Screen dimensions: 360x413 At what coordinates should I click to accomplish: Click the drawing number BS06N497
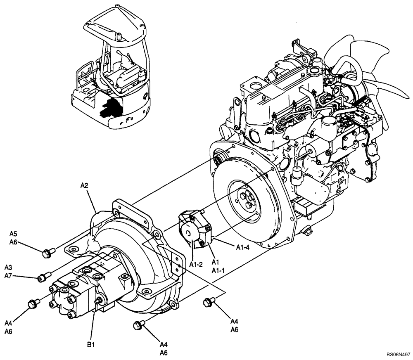point(398,354)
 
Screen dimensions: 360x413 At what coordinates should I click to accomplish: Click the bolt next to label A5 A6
point(47,252)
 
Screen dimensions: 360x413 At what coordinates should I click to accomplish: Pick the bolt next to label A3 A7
point(43,277)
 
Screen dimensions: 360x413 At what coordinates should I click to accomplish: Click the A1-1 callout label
point(218,270)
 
